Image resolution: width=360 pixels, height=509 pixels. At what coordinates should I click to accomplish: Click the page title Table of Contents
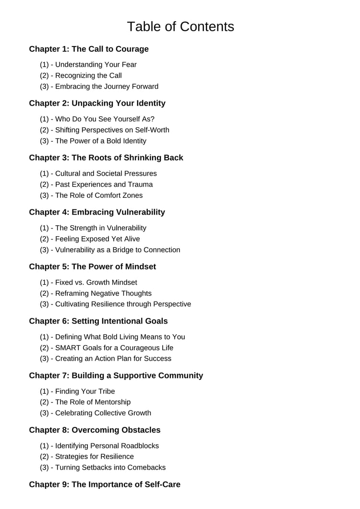pos(180,26)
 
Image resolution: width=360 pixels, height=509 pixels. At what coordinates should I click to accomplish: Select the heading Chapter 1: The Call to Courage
pos(89,49)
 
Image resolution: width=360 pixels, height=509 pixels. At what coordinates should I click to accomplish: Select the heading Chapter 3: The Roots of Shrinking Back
pos(106,158)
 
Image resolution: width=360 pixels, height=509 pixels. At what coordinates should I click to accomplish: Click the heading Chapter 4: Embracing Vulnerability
pos(97,212)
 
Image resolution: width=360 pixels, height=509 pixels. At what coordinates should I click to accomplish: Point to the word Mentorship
pos(111,402)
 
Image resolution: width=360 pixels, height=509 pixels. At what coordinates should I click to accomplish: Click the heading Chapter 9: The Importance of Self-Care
pos(105,484)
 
